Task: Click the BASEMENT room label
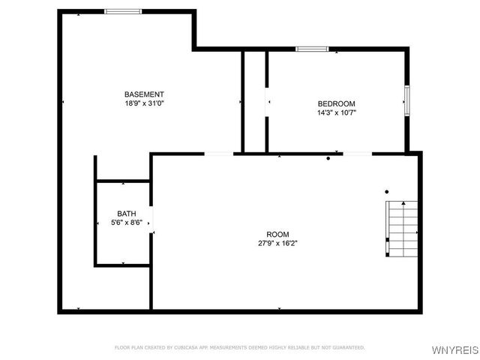point(144,94)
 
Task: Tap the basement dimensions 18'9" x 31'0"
point(144,103)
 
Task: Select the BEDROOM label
point(336,103)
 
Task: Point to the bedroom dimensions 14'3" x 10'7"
point(336,113)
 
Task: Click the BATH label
point(126,214)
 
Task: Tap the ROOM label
point(277,235)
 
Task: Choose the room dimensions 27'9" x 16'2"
point(277,243)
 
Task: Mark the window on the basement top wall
point(123,11)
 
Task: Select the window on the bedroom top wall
point(312,49)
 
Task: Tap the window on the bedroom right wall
point(407,100)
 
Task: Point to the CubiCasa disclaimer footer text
point(239,347)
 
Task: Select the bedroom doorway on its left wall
point(267,105)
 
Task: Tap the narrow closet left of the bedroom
point(254,101)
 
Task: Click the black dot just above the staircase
point(387,192)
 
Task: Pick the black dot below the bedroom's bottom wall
point(328,159)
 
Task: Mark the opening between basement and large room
point(219,154)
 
